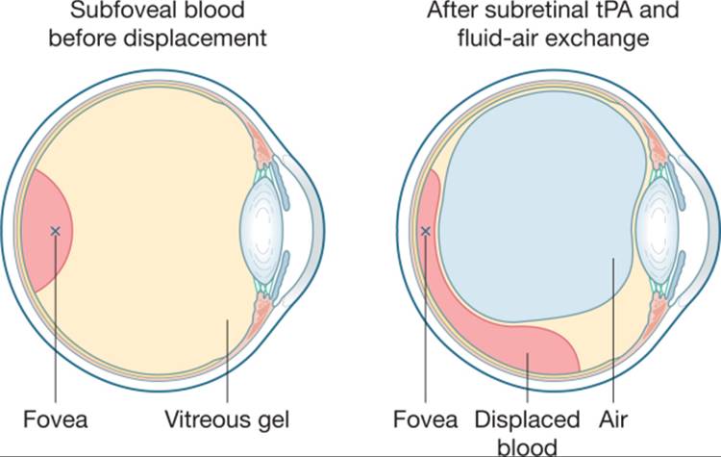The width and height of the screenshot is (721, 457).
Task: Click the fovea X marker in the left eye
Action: pyautogui.click(x=55, y=231)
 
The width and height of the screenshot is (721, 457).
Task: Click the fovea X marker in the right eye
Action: pyautogui.click(x=426, y=231)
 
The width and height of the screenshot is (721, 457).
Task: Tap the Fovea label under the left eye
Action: pyautogui.click(x=55, y=419)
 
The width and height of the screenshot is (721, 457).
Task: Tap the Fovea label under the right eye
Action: pyautogui.click(x=425, y=419)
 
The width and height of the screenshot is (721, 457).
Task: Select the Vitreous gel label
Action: pyautogui.click(x=227, y=419)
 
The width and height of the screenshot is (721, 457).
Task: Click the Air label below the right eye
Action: pyautogui.click(x=613, y=419)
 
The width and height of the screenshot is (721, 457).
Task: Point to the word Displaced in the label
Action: pyautogui.click(x=527, y=419)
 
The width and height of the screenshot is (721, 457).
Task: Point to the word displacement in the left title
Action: pyautogui.click(x=195, y=38)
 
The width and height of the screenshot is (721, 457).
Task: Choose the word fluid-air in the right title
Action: pyautogui.click(x=498, y=38)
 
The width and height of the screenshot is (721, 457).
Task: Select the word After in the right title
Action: pyautogui.click(x=451, y=11)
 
